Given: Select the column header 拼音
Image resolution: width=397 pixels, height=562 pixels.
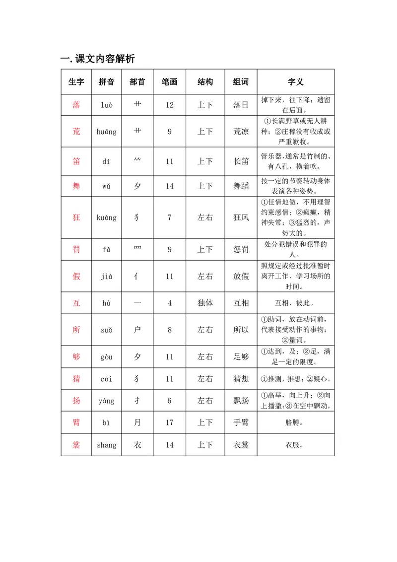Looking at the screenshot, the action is click(x=107, y=82).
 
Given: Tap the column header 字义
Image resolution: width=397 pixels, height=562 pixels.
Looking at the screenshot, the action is click(x=295, y=82).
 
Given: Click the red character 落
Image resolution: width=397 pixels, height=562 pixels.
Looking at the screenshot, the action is click(x=76, y=105).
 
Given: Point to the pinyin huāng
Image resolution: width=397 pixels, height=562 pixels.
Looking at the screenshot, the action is click(x=107, y=132).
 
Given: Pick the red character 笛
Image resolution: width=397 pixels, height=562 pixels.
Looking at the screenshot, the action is click(x=76, y=161).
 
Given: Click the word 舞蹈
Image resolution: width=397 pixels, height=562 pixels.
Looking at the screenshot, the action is click(x=241, y=186).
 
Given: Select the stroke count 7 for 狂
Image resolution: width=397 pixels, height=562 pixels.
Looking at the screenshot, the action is click(x=170, y=217).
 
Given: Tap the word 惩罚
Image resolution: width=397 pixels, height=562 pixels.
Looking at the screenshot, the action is click(x=241, y=249).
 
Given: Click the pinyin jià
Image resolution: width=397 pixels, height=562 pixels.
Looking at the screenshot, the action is click(x=107, y=277).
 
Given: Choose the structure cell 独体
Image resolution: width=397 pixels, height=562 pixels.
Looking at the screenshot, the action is click(x=205, y=303).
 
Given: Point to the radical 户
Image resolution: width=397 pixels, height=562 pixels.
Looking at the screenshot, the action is click(x=137, y=330).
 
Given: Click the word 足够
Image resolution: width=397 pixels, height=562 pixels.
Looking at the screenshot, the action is click(x=241, y=356).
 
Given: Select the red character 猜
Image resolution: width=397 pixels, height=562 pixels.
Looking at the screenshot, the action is click(x=76, y=379).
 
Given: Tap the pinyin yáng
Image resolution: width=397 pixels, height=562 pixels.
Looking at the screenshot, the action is click(x=107, y=401).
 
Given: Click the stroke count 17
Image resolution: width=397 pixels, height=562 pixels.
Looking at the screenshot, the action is click(x=170, y=422).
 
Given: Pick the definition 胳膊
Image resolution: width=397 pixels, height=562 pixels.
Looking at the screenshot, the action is click(x=295, y=422).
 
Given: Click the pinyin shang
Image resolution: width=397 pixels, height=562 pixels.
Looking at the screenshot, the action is click(x=107, y=445).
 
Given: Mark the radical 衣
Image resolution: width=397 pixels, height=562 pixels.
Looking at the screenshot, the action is click(x=137, y=445).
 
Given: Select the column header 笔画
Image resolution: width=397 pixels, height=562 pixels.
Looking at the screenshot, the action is click(x=170, y=82).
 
